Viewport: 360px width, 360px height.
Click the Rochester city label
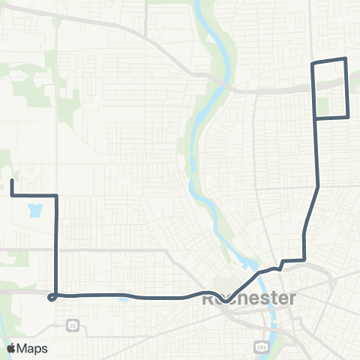(x=249, y=298)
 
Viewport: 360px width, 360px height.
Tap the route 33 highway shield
(x=72, y=325)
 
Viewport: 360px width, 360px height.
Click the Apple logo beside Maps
(x=12, y=348)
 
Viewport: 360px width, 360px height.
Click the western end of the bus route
(x=12, y=181)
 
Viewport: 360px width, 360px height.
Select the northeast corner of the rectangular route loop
(x=345, y=58)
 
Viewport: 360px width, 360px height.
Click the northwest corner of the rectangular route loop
(x=313, y=63)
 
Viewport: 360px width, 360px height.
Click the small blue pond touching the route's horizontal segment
(x=121, y=298)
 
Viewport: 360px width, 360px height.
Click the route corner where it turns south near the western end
(x=57, y=195)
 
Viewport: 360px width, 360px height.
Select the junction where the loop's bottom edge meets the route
(x=316, y=118)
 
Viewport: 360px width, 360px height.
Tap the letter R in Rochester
(x=209, y=298)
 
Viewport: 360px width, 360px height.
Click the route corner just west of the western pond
(x=13, y=195)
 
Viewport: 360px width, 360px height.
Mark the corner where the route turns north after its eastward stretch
(x=304, y=259)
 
